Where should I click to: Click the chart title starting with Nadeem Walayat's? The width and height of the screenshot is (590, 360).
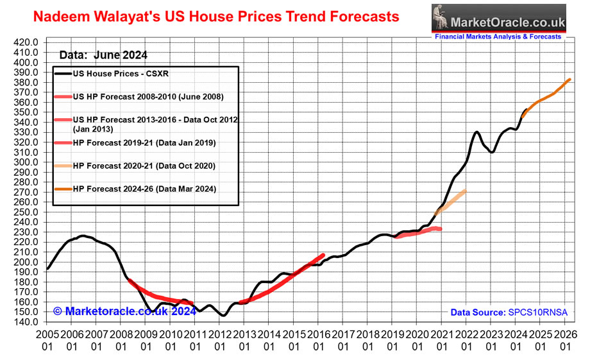click(215, 15)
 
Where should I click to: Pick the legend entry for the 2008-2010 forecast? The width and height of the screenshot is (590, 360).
click(148, 97)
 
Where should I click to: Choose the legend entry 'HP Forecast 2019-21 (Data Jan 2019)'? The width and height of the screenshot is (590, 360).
click(144, 142)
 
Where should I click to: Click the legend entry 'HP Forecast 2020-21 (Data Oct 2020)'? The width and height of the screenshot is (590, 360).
click(144, 166)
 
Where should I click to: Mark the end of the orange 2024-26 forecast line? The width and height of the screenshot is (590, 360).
click(570, 80)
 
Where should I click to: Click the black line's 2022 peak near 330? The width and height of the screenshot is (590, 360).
click(477, 132)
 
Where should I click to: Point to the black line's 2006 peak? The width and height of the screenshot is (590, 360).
click(82, 236)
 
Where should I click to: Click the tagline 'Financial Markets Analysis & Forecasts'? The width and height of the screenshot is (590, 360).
click(498, 37)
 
